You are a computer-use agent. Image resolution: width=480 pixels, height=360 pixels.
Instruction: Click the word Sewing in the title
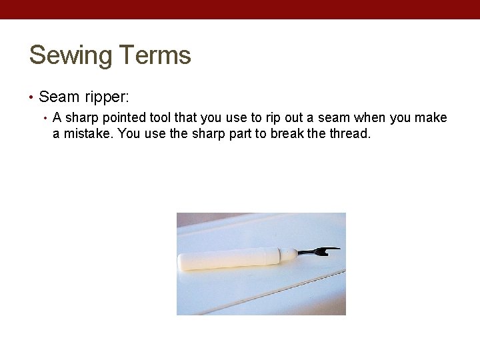[x=70, y=56]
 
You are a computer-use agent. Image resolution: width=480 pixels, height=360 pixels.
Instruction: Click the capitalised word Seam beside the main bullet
[x=59, y=97]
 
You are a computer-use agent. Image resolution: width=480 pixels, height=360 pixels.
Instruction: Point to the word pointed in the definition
[x=127, y=118]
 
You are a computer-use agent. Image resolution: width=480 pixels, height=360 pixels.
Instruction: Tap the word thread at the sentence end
[x=347, y=133]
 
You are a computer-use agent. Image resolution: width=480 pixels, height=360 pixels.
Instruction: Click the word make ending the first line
[x=432, y=118]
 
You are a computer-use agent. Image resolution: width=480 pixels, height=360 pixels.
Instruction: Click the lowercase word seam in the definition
[x=332, y=118]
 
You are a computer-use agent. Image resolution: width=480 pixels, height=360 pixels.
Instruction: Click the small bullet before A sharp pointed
[x=45, y=119]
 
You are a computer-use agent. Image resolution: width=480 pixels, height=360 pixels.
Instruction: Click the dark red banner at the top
[x=240, y=9]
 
